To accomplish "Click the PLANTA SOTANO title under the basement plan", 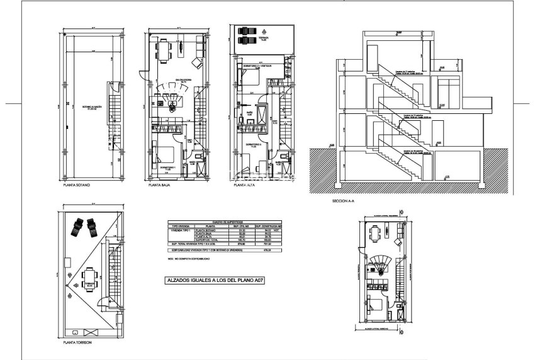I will point(77,186).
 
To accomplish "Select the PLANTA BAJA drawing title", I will point(160,186).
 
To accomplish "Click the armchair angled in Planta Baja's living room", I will point(196,63).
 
